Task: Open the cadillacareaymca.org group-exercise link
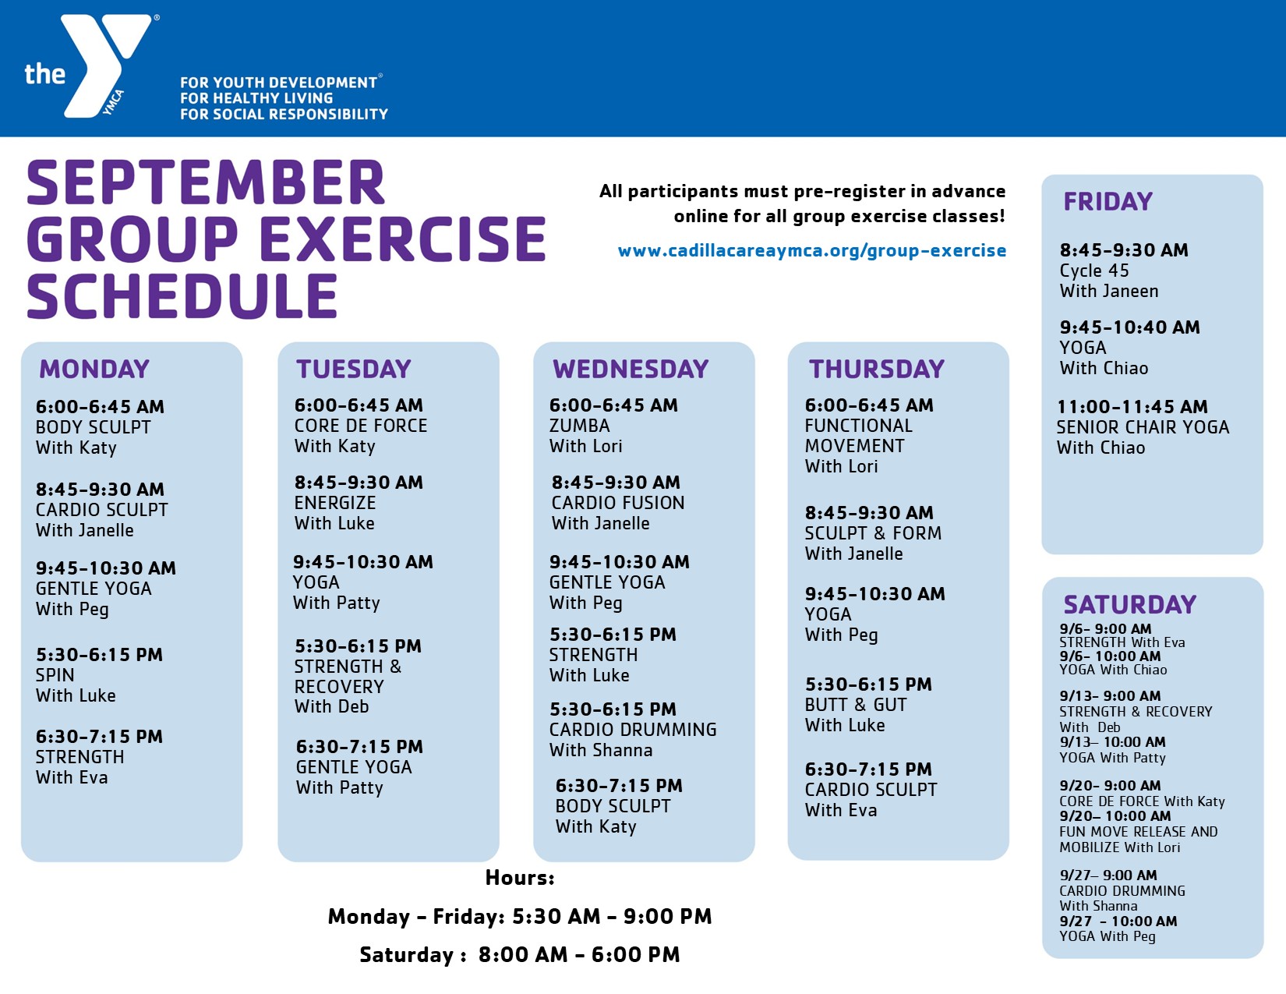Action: click(812, 251)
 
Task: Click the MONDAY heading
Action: click(94, 370)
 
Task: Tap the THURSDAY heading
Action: click(877, 370)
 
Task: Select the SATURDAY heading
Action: click(1130, 604)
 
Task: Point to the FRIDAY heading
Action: click(1108, 201)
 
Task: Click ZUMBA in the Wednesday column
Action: click(579, 426)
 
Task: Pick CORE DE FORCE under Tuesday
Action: click(360, 426)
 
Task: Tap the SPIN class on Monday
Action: click(55, 675)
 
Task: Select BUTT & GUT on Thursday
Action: click(855, 705)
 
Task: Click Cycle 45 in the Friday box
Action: click(1094, 271)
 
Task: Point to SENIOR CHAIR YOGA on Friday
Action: click(1143, 427)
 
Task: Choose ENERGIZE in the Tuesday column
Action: click(335, 503)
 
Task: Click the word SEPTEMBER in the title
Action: click(206, 183)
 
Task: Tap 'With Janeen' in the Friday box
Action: click(1109, 292)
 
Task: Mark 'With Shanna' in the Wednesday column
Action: click(601, 750)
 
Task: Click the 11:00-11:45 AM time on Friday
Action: click(1132, 407)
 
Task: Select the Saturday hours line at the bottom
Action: click(520, 955)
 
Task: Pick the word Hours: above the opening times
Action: click(520, 877)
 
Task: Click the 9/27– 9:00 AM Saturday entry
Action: click(1108, 875)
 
